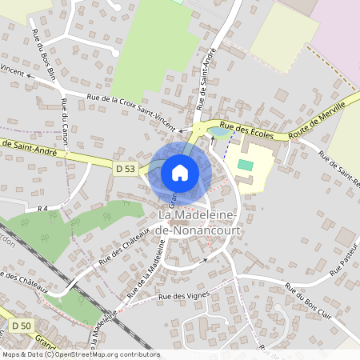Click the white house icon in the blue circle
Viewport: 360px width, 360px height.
coord(180,173)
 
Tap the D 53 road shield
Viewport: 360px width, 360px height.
coord(126,169)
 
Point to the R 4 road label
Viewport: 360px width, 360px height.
coord(43,208)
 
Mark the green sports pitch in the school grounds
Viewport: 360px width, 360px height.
coord(246,165)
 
